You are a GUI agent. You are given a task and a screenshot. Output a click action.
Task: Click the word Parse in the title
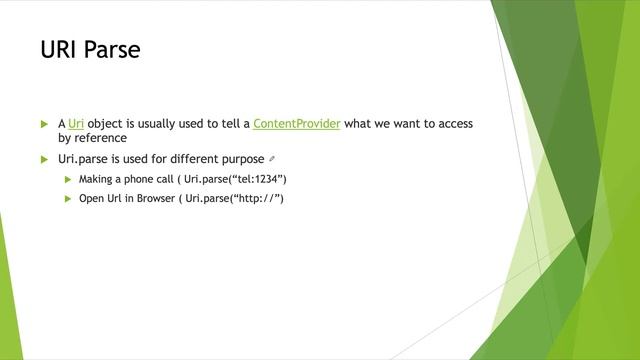[113, 49]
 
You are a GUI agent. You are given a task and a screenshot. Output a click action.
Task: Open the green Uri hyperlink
[76, 124]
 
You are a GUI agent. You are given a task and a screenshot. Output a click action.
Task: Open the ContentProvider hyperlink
[297, 124]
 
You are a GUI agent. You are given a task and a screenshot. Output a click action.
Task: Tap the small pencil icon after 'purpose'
[271, 159]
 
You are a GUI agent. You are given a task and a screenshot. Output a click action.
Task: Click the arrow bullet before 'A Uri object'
[44, 124]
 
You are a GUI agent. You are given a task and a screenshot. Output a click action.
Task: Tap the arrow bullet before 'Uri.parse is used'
[44, 159]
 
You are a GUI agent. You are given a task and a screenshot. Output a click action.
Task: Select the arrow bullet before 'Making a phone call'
[68, 179]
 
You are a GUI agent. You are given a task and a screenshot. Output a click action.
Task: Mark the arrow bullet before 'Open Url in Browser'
[68, 198]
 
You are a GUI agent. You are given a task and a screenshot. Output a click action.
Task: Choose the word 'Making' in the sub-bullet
[95, 179]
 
